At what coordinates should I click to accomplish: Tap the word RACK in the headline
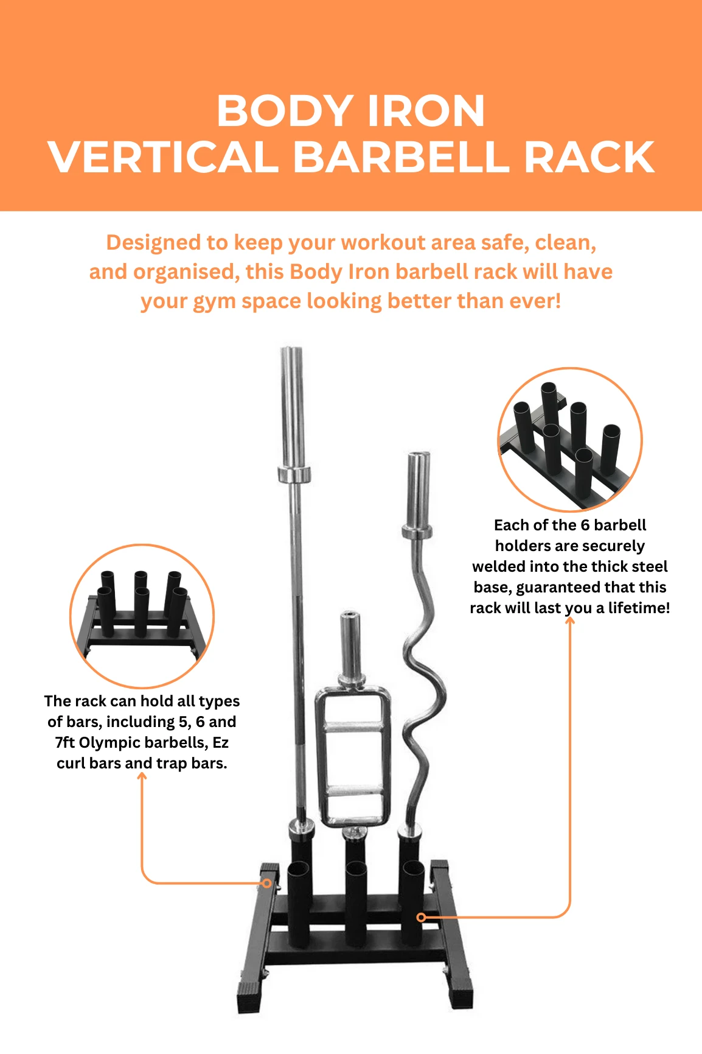pyautogui.click(x=588, y=158)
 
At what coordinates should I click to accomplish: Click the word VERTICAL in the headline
pyautogui.click(x=164, y=158)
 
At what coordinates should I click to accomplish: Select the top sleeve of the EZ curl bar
pyautogui.click(x=419, y=487)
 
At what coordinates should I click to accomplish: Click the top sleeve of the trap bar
pyautogui.click(x=350, y=645)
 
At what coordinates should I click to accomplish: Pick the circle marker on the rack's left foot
pyautogui.click(x=267, y=883)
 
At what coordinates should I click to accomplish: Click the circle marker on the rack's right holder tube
pyautogui.click(x=421, y=917)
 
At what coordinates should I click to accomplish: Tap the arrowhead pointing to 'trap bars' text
pyautogui.click(x=142, y=777)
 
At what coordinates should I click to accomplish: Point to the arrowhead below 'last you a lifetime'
pyautogui.click(x=570, y=622)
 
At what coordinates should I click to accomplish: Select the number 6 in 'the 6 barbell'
pyautogui.click(x=585, y=525)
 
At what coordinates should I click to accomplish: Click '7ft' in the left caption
pyautogui.click(x=65, y=743)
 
